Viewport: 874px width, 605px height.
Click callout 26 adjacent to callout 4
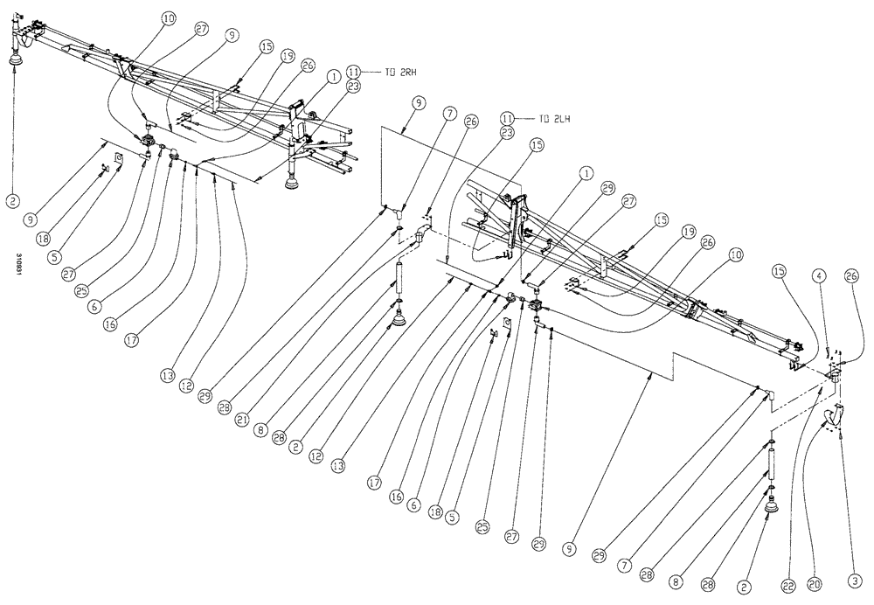point(852,277)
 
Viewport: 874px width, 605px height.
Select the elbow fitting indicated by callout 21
point(421,233)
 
